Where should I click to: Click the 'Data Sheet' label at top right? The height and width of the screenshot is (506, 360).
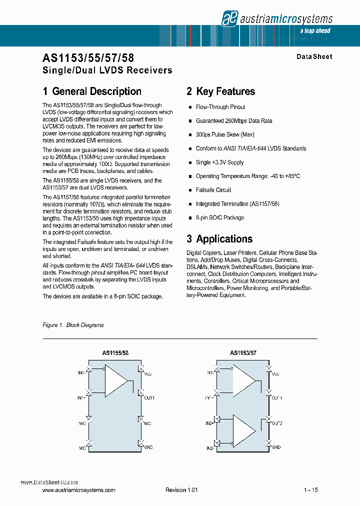point(314,57)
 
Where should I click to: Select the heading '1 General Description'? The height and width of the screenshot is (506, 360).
point(92,91)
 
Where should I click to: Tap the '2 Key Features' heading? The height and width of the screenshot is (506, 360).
point(220,91)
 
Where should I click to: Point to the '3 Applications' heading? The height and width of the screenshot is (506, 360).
point(219,239)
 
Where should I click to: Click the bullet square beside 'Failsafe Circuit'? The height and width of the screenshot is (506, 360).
point(190,190)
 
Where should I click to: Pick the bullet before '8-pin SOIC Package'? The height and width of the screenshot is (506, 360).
point(190,218)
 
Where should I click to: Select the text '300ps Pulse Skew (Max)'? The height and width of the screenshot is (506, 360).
point(225,135)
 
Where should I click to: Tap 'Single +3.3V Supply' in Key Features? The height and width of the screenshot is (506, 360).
point(220,162)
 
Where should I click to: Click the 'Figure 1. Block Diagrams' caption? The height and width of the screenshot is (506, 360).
point(73,325)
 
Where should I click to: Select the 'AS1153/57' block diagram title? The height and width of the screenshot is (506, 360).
point(243,353)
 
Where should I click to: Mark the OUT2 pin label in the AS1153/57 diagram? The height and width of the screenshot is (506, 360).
point(277,423)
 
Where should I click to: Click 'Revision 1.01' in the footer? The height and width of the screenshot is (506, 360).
point(181,490)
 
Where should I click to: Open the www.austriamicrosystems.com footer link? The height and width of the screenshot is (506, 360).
point(79,490)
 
